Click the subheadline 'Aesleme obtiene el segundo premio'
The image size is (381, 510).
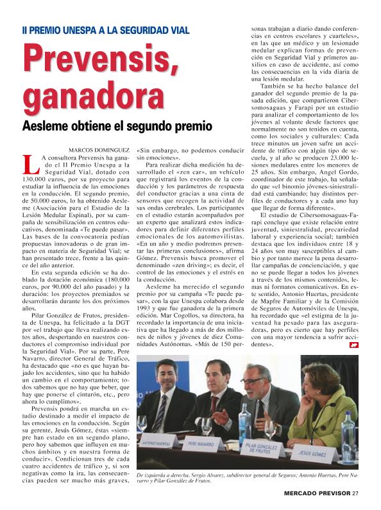[117, 125]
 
